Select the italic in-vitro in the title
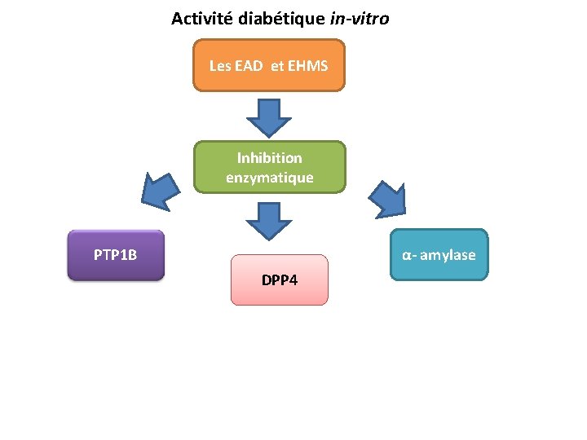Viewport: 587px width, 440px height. point(360,18)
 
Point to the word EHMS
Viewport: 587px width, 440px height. point(307,65)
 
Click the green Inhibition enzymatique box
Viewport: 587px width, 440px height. point(269,167)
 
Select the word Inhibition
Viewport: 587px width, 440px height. point(269,157)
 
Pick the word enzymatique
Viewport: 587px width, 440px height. point(269,177)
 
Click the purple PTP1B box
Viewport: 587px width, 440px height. point(116,255)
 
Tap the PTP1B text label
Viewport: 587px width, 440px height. point(116,255)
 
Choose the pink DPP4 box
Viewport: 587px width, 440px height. point(279,280)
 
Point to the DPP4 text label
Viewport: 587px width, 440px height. point(280,280)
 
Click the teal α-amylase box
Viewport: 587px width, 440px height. point(439,255)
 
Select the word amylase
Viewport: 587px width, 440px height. point(449,255)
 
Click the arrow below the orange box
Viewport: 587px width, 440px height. point(268,117)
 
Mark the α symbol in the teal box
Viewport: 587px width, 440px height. point(405,256)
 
